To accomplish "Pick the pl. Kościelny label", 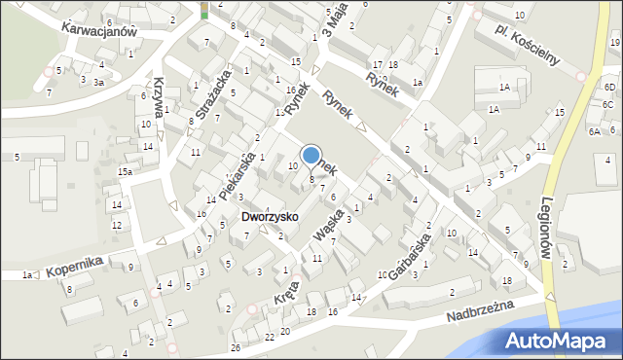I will (525, 44).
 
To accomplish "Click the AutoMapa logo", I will (559, 341).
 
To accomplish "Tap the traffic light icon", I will (204, 10).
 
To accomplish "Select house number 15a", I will (126, 172).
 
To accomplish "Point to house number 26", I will (236, 347).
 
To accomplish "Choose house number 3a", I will (98, 83).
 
